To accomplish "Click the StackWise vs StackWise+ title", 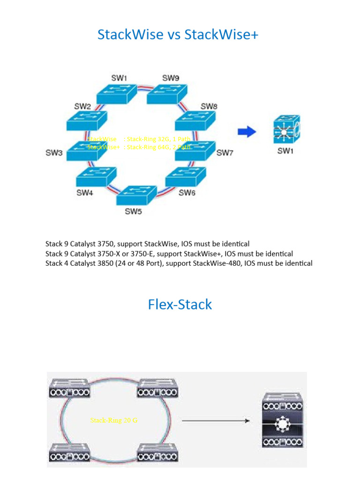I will point(178,35).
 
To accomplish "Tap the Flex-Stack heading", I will point(180,305).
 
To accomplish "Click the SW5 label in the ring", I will point(133,211).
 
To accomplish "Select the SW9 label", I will point(171,78).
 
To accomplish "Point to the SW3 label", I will point(54,153).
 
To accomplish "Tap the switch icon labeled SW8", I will point(195,121).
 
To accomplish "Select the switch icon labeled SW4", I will point(96,177).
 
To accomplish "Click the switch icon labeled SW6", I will point(186,177).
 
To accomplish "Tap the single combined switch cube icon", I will point(286,130).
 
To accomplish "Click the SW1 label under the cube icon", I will point(285,152).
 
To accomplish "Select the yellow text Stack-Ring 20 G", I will point(114,420).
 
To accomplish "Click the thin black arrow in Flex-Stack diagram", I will point(215,421).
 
